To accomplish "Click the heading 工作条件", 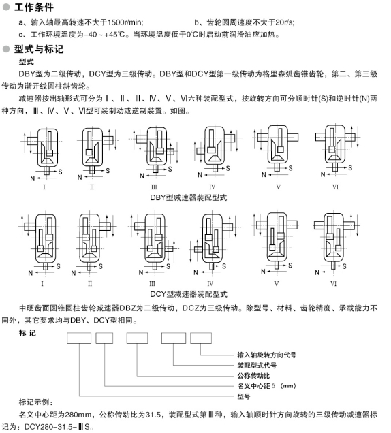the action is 33,7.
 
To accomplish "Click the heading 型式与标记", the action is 39,49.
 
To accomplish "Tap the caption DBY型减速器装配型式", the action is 189,197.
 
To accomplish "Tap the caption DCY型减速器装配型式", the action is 189,294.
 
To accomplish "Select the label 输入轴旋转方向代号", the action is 266,355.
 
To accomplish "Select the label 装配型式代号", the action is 257,366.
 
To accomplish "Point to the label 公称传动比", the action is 253,376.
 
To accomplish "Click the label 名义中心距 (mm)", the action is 266,386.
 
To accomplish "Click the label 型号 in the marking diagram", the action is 244,396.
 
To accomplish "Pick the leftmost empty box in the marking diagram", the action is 79,338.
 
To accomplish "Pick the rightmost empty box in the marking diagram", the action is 201,338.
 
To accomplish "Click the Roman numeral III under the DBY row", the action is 154,187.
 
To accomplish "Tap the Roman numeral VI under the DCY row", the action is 334,284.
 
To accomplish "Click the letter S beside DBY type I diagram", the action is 60,172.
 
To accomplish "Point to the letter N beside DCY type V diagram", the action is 263,272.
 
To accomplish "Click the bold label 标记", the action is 27,333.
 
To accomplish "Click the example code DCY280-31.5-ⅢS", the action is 57,427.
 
